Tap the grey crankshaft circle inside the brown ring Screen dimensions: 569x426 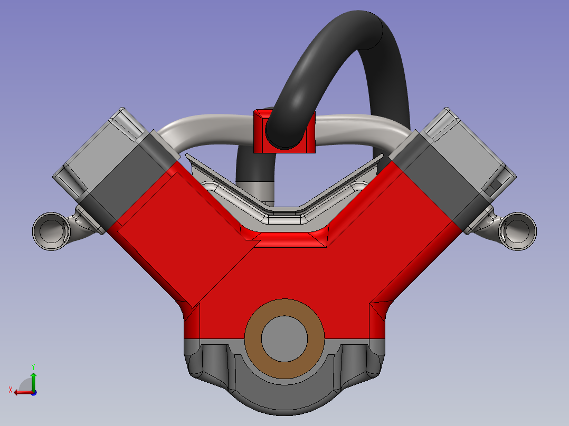[x=284, y=339]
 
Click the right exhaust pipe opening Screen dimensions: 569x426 [x=518, y=231]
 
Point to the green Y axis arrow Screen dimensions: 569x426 [x=33, y=381]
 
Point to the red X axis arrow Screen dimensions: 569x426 [x=23, y=392]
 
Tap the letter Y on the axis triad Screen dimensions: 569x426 [x=33, y=366]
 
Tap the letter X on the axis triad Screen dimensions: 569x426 [x=11, y=390]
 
